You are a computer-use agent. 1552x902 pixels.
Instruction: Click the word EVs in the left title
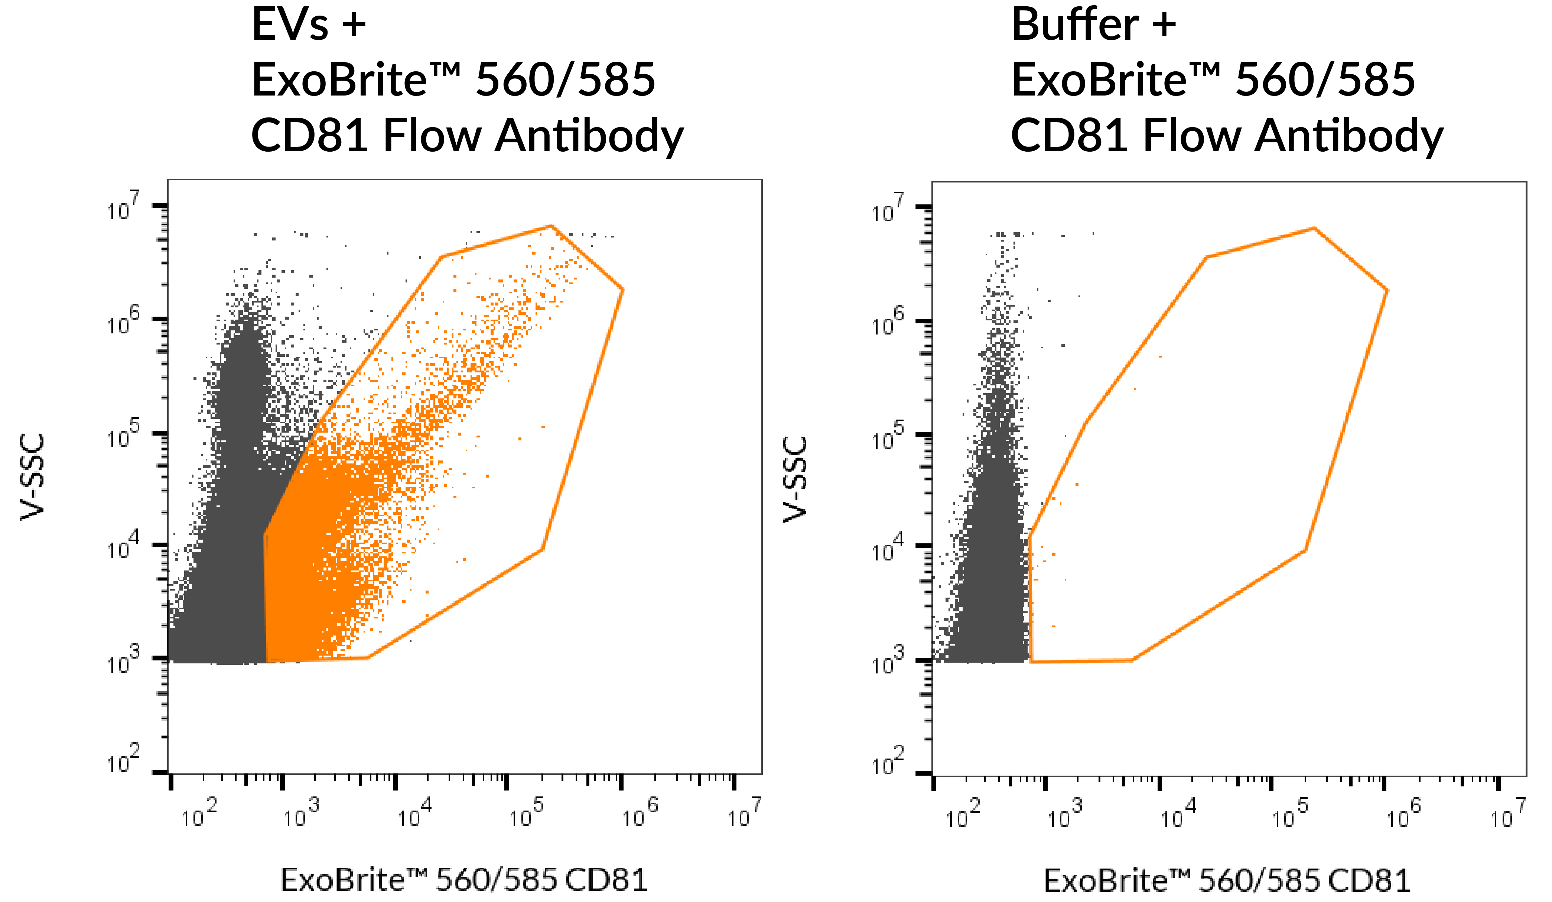point(289,26)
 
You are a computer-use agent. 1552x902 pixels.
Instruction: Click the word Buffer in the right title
point(1075,26)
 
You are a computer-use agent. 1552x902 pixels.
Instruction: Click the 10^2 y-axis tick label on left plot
point(123,760)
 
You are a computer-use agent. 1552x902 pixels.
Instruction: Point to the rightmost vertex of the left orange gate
point(623,289)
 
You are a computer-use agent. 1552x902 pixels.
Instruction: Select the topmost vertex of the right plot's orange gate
point(1314,229)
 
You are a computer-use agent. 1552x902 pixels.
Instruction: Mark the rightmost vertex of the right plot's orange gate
point(1387,290)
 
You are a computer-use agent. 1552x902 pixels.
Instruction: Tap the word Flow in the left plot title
point(432,136)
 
